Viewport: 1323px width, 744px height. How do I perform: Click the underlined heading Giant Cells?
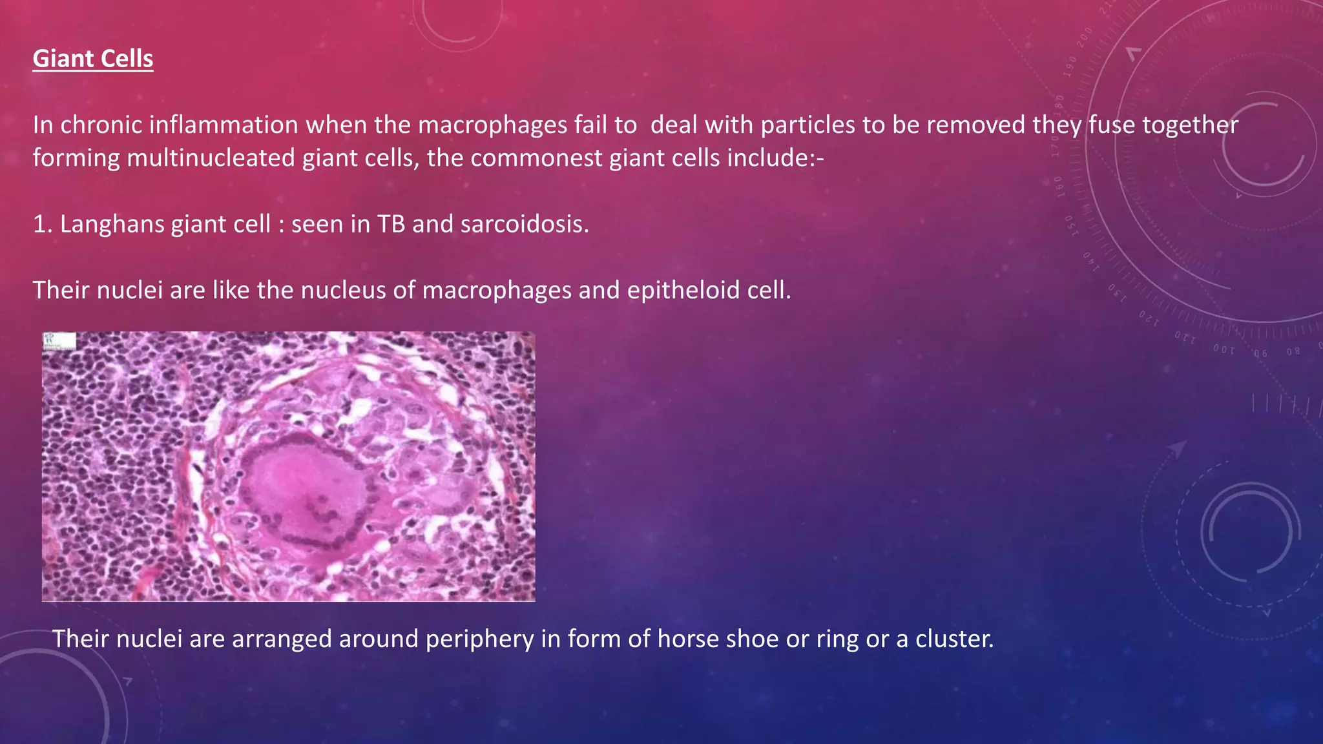coord(93,59)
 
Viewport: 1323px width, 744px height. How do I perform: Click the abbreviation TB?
coord(391,224)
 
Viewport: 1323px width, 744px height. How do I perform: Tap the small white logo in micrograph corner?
coord(59,341)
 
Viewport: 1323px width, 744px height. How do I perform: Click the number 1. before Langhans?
coord(42,224)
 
